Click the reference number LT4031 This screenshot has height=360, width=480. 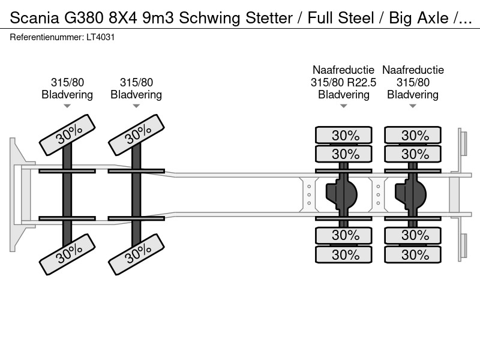tap(100, 37)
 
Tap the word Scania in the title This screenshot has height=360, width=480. tap(34, 18)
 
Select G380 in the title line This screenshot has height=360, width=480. tap(83, 18)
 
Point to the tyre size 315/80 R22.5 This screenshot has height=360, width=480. tap(343, 82)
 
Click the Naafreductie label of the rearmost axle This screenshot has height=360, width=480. tap(413, 70)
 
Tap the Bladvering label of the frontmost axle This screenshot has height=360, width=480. tap(67, 95)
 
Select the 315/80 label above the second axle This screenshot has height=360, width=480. tap(136, 82)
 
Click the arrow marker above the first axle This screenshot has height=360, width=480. tap(67, 106)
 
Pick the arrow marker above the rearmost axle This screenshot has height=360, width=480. tap(413, 106)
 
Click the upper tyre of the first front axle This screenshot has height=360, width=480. tap(67, 135)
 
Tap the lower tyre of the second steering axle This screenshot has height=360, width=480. tap(137, 254)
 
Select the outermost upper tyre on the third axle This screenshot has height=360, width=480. tap(344, 135)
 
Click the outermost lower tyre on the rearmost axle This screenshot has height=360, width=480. tap(413, 254)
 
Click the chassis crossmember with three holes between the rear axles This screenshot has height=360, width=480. tap(379, 194)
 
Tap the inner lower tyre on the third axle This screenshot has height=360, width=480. tap(344, 235)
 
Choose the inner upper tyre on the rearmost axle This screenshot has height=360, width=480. tap(413, 154)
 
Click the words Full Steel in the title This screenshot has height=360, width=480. tap(341, 18)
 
